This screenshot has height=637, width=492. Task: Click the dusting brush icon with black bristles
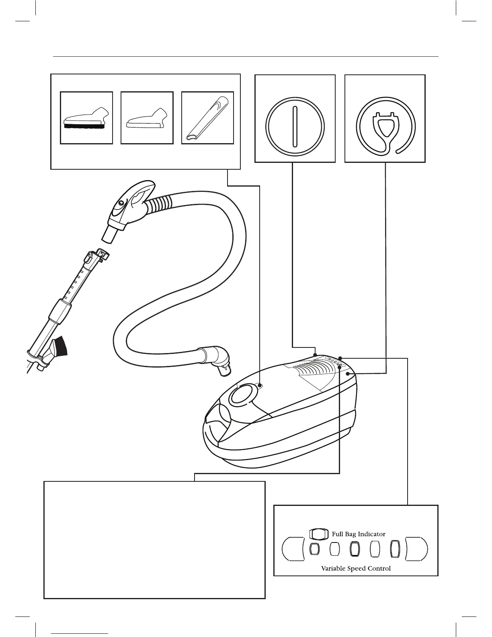pos(86,118)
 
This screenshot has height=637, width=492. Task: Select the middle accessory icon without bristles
pos(147,118)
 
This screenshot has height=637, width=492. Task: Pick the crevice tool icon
pos(207,118)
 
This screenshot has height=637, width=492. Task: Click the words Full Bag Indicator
pos(358,534)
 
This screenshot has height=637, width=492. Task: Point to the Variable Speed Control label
pos(356,568)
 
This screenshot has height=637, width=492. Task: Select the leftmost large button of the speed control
pos(293,549)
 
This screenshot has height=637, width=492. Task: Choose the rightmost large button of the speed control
pos(417,549)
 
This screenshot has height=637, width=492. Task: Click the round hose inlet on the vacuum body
pos(242,396)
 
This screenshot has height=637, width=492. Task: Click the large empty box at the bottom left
pos(154,540)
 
